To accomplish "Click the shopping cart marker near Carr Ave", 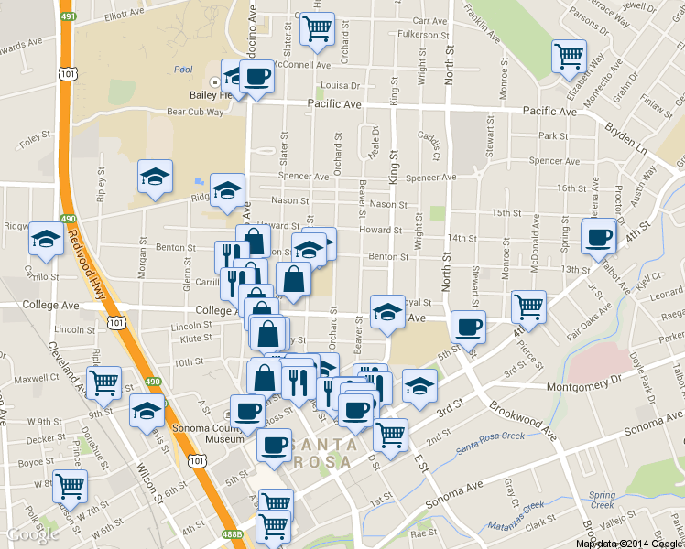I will tap(317, 29).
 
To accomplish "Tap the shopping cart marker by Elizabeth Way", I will tap(569, 57).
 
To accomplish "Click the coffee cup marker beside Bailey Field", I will tap(256, 76).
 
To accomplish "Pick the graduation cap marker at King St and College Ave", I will tap(387, 312).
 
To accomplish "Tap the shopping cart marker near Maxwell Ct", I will tap(104, 382).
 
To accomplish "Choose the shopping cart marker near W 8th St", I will tap(70, 487).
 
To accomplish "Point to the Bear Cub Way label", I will tap(195, 112).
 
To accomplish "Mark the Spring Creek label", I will tap(603, 500).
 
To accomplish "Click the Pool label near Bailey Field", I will tap(183, 70).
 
